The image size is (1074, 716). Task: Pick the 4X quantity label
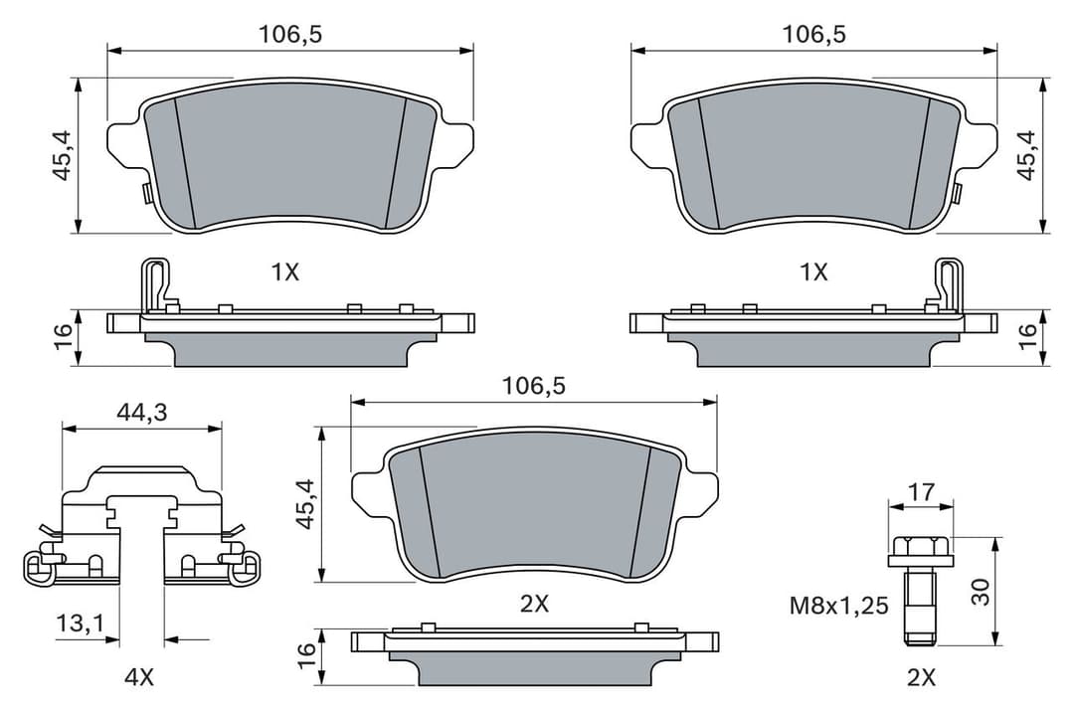click(139, 677)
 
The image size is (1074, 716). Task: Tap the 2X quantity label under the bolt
click(921, 677)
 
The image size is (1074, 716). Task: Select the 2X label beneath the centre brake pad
click(534, 603)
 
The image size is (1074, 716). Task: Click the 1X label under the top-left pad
click(284, 271)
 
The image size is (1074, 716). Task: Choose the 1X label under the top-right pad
click(813, 271)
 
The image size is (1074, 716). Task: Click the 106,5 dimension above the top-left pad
click(290, 34)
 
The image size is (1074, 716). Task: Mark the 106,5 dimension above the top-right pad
click(813, 34)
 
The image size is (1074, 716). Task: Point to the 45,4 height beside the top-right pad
click(1026, 155)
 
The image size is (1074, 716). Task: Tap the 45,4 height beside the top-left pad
click(63, 157)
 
